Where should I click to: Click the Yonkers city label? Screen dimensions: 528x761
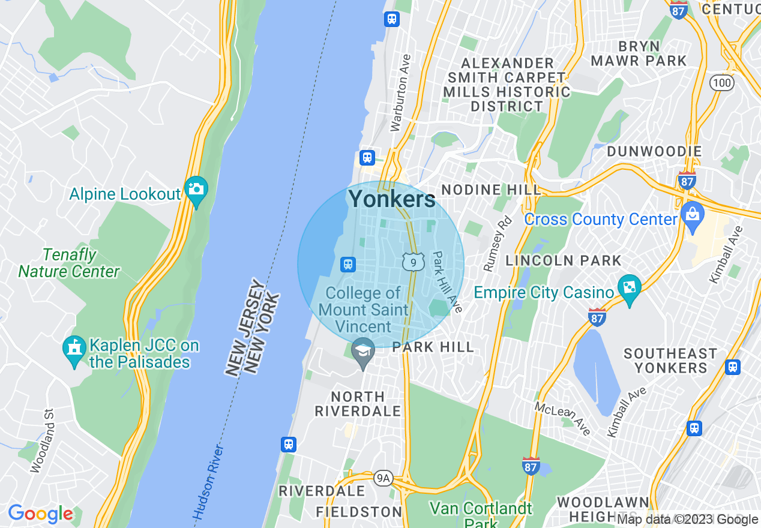click(392, 199)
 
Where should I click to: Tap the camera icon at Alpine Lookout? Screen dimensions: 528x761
click(196, 190)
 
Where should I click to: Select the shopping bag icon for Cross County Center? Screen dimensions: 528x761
click(692, 215)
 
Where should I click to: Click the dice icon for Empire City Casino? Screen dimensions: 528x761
click(630, 288)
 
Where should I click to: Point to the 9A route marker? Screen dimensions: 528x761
click(383, 478)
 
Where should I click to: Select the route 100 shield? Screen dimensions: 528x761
click(721, 83)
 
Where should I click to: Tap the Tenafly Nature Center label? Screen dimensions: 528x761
click(69, 263)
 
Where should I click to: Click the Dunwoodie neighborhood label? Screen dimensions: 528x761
click(654, 151)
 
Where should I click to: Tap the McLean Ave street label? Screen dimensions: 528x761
click(562, 418)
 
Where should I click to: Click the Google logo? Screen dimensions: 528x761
click(40, 514)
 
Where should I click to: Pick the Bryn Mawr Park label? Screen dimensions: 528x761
click(639, 53)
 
